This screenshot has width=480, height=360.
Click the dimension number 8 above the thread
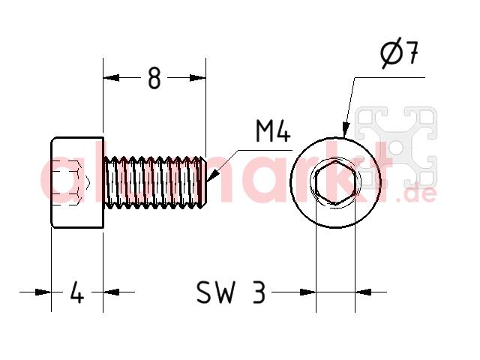click(154, 78)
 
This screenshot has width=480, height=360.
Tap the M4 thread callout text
click(273, 131)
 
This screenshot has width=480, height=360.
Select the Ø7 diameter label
click(400, 52)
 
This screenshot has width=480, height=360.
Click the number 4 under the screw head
click(76, 292)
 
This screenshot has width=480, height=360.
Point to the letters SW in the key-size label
click(217, 292)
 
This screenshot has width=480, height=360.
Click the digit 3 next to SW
click(259, 292)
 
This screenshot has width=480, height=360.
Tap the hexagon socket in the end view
click(335, 182)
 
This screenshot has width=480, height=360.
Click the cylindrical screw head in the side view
click(77, 182)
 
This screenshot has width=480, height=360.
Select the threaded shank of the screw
click(154, 182)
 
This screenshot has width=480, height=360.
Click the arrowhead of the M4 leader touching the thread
click(213, 175)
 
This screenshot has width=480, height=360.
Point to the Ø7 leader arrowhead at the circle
click(346, 129)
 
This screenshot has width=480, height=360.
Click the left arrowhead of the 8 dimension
click(111, 78)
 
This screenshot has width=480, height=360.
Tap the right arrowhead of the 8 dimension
click(198, 78)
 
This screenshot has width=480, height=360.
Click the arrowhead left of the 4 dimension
click(43, 292)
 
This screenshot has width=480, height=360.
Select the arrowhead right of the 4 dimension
click(111, 292)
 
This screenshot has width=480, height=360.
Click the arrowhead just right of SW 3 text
click(307, 292)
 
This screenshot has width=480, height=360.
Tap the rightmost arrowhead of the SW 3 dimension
click(363, 292)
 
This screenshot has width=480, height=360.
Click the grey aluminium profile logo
click(396, 146)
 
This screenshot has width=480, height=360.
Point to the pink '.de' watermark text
click(416, 195)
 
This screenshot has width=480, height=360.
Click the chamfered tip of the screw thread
click(203, 182)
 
